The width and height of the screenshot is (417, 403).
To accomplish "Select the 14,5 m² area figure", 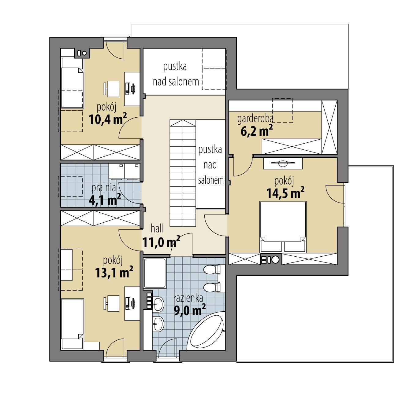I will click(x=285, y=193).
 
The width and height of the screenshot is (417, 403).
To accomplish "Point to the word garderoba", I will click(x=255, y=118).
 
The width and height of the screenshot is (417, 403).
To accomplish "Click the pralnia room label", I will click(x=104, y=188).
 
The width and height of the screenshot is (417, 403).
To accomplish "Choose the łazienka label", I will click(x=188, y=298).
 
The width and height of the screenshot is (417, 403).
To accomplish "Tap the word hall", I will click(x=157, y=228).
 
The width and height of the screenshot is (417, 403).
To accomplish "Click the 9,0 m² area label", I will click(x=189, y=310).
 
